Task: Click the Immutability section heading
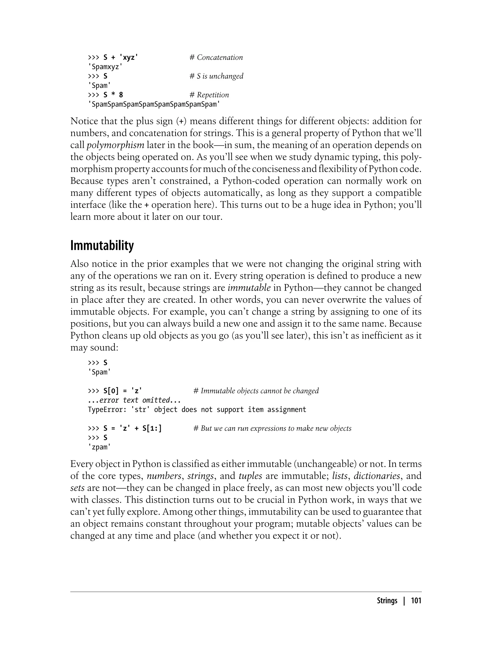point(102,246)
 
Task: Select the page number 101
point(416,601)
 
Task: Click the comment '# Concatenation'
point(216,57)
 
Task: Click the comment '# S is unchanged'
point(216,76)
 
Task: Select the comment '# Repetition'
point(209,95)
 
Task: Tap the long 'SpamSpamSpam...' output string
point(154,104)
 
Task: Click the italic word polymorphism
point(115,145)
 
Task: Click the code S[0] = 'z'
point(123,391)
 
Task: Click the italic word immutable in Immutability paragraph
point(249,288)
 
